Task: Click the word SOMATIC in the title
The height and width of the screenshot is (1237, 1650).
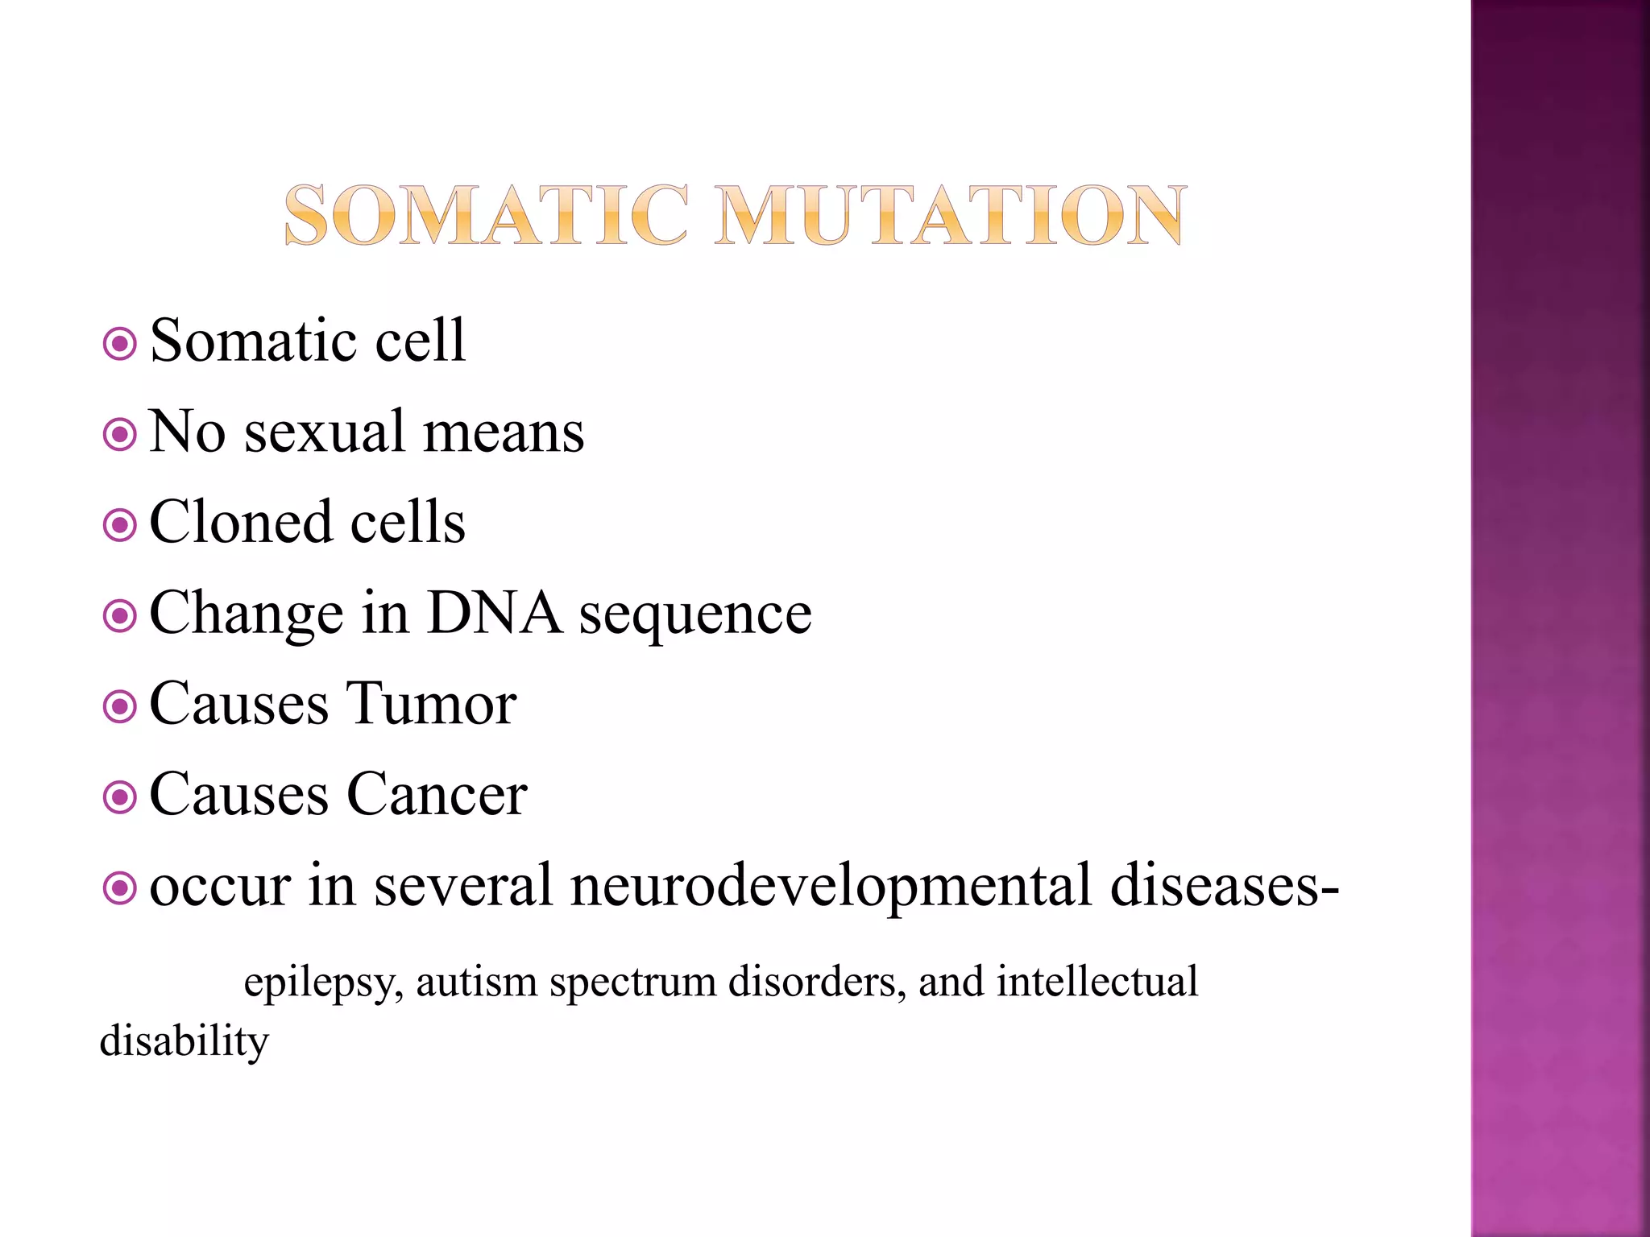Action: click(487, 216)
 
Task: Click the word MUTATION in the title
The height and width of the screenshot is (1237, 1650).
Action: click(951, 216)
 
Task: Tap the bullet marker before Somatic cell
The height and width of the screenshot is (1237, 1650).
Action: click(120, 345)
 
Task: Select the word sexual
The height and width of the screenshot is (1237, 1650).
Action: click(325, 432)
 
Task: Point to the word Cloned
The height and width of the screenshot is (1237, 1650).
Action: click(241, 523)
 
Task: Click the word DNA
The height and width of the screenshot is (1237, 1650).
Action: click(494, 614)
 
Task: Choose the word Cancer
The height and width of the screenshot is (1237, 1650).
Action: click(437, 795)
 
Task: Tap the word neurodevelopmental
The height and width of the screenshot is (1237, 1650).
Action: click(830, 886)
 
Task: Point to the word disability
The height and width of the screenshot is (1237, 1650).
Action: click(184, 1041)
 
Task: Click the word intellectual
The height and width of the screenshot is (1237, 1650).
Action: click(1097, 983)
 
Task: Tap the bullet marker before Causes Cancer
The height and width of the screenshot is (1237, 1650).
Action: click(120, 798)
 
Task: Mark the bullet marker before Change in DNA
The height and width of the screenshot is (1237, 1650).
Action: click(120, 617)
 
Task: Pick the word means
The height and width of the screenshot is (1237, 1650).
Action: click(504, 434)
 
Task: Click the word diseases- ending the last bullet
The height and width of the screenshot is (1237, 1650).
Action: click(1224, 886)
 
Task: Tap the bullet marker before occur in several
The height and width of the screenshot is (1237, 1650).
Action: click(120, 889)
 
